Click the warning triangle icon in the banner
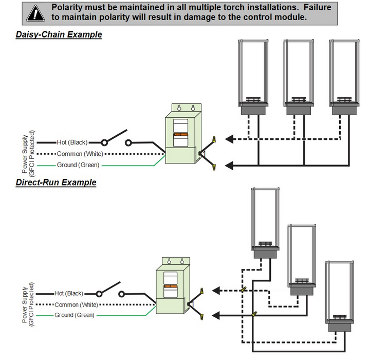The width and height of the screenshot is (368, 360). click(x=34, y=12)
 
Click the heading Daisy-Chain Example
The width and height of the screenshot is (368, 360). click(x=59, y=35)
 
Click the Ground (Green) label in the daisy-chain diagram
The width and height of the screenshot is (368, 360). click(x=78, y=165)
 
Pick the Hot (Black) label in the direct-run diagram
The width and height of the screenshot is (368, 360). click(x=68, y=294)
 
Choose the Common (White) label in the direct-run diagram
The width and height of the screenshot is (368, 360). click(x=76, y=304)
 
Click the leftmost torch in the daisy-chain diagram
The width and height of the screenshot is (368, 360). click(x=253, y=77)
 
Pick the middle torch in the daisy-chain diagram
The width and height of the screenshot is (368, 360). click(x=299, y=77)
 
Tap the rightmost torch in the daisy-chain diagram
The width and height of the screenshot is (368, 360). click(x=344, y=77)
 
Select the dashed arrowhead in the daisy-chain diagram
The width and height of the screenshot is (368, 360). click(x=230, y=138)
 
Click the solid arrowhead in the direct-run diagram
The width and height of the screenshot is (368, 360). click(x=217, y=315)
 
